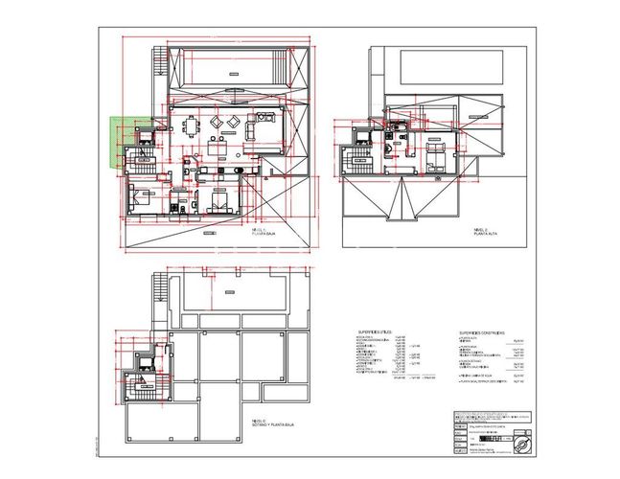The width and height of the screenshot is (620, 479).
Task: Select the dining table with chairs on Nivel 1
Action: (x=192, y=124)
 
